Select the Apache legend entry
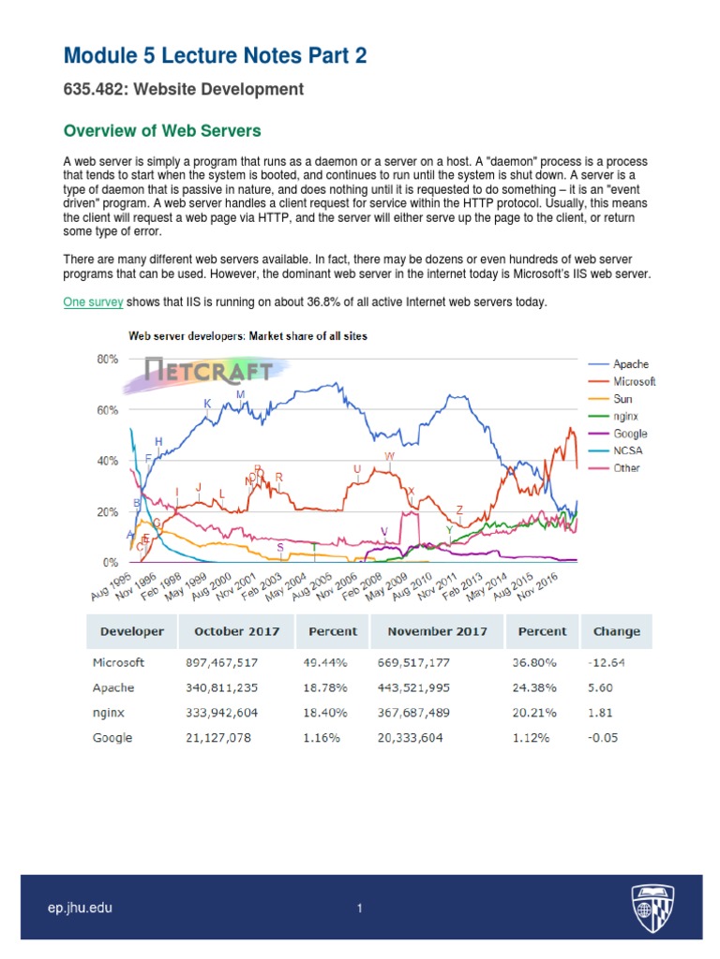click(x=630, y=363)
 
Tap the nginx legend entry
click(x=627, y=416)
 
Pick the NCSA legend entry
click(x=628, y=450)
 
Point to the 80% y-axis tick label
click(x=106, y=359)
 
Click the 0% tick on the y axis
click(x=110, y=563)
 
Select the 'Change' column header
click(x=616, y=631)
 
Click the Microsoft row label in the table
click(x=118, y=662)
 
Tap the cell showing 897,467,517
click(x=222, y=662)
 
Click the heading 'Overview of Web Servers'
click(x=161, y=130)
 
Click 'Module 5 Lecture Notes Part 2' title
click(x=215, y=56)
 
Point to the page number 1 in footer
click(x=359, y=908)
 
